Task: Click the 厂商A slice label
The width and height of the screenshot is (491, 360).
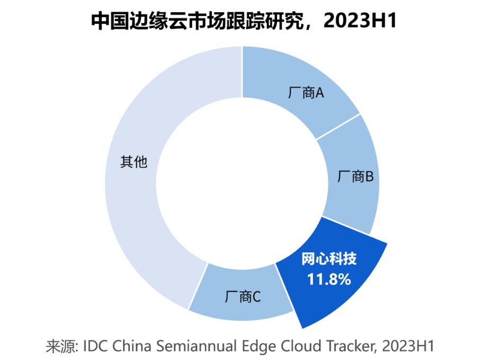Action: [x=306, y=94]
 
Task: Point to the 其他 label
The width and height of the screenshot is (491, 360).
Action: [x=133, y=162]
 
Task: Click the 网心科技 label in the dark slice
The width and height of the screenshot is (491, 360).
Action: [x=329, y=260]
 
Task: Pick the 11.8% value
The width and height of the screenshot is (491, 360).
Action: [x=329, y=279]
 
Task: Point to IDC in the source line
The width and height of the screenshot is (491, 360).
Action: [x=94, y=347]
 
